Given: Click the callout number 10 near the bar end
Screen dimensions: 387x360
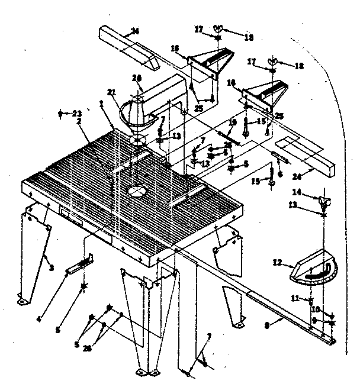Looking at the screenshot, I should click(x=316, y=308).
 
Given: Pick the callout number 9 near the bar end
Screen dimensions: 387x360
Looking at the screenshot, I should click(x=315, y=321).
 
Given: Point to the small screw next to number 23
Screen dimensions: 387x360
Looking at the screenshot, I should click(x=61, y=113).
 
